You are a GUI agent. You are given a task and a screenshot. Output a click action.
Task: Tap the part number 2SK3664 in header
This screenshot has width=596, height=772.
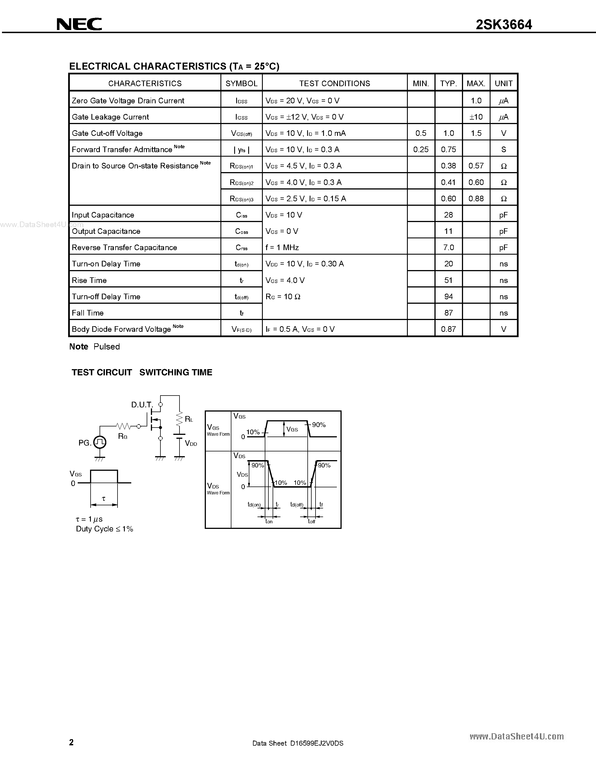click(x=503, y=24)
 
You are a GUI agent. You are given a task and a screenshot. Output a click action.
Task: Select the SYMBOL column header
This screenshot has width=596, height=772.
click(x=241, y=83)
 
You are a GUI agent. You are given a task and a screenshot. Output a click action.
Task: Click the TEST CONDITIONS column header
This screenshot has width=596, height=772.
click(x=334, y=83)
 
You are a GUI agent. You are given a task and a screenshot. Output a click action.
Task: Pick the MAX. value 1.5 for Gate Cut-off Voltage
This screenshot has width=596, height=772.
click(x=476, y=133)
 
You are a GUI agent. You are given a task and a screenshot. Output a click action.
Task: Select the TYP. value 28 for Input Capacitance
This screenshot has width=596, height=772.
click(x=448, y=215)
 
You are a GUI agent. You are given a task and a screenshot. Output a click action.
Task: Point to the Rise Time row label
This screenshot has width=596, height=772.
click(x=89, y=280)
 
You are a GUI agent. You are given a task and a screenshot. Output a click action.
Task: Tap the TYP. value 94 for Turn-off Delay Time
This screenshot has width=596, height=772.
click(x=448, y=296)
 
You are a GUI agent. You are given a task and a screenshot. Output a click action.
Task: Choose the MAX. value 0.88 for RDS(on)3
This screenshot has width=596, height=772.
click(x=476, y=199)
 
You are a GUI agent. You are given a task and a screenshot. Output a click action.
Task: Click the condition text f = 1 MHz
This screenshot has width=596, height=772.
click(x=282, y=247)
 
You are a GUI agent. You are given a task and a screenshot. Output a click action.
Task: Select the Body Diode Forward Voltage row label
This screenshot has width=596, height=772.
click(x=121, y=329)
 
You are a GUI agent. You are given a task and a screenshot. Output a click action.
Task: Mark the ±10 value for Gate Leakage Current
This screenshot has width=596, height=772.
click(x=476, y=117)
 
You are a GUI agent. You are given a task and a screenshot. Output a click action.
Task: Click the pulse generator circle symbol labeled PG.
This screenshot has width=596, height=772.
click(x=100, y=442)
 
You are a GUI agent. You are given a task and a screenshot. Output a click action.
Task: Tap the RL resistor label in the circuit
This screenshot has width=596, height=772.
click(x=189, y=419)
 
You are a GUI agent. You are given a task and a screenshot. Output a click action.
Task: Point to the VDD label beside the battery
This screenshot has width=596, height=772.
click(x=191, y=444)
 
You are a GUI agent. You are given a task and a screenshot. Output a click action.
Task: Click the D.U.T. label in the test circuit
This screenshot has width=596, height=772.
click(x=142, y=405)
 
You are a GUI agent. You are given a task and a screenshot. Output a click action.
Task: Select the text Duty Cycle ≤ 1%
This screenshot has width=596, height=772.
click(x=105, y=529)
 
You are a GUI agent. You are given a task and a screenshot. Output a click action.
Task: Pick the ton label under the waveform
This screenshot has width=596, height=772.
click(x=269, y=521)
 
